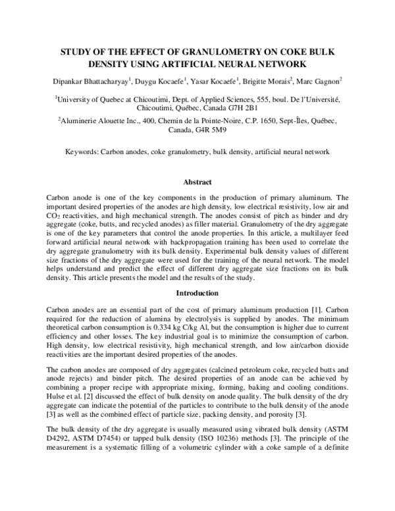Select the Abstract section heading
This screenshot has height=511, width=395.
197,181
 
